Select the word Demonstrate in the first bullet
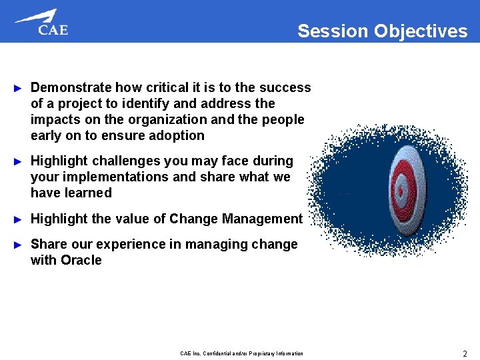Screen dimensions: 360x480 [x=71, y=87]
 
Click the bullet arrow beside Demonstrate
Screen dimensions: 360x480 [x=19, y=88]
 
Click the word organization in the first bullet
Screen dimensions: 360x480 [x=170, y=119]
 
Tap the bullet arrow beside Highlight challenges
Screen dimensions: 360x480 [x=19, y=161]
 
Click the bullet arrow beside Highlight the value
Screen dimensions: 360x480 [x=19, y=219]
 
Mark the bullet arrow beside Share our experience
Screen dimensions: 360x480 [x=19, y=245]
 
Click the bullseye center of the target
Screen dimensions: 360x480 [x=401, y=191]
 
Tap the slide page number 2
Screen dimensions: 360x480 [x=464, y=353]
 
